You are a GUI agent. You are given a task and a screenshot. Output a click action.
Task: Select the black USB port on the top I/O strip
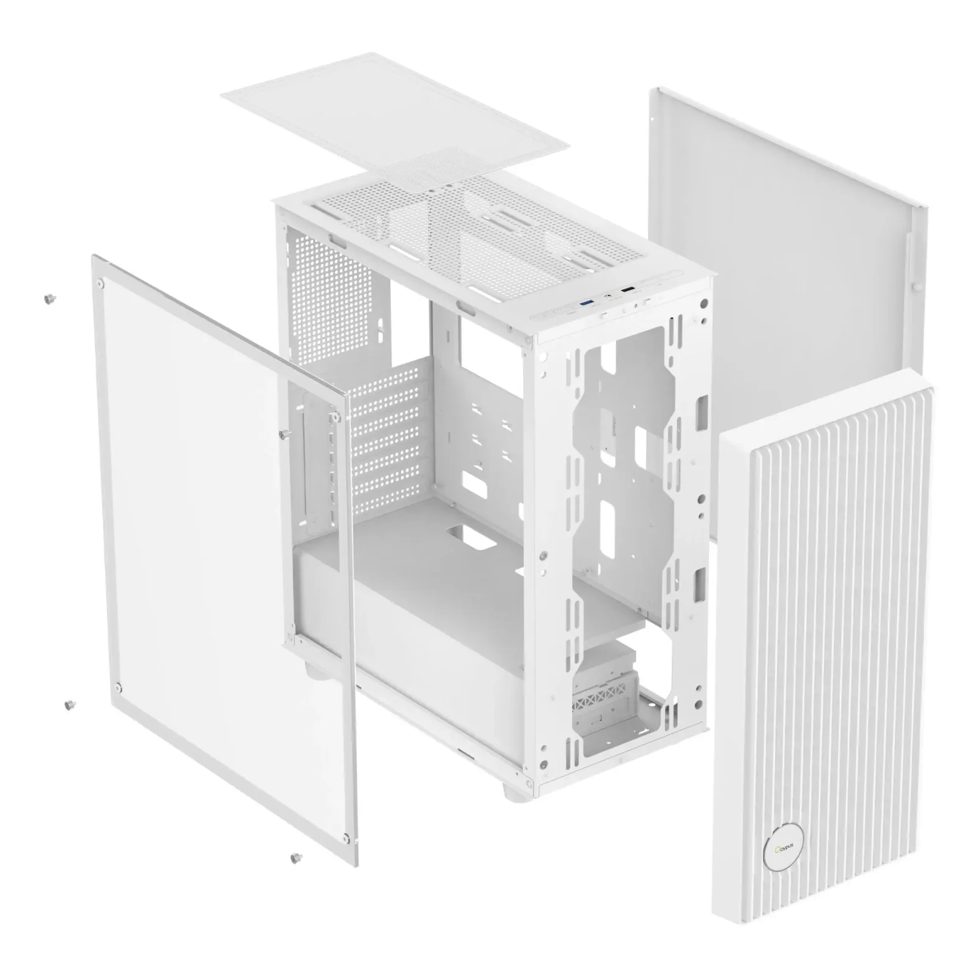pyautogui.click(x=628, y=289)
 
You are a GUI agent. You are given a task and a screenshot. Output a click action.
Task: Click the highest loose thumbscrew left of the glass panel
pyautogui.click(x=47, y=298)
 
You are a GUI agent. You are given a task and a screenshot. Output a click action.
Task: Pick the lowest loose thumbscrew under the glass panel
pyautogui.click(x=296, y=856)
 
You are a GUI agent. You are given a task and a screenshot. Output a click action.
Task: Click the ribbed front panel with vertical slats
pyautogui.click(x=825, y=611)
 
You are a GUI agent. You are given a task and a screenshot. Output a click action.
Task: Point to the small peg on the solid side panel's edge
pyautogui.click(x=917, y=285)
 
